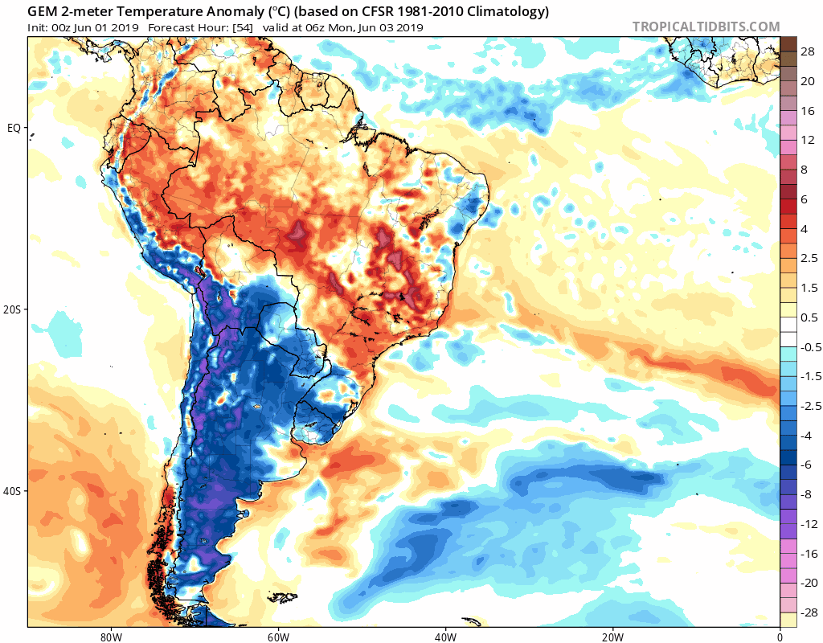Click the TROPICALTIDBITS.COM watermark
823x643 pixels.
pyautogui.click(x=706, y=27)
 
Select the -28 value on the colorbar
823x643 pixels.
pyautogui.click(x=807, y=613)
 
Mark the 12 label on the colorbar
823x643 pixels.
pyautogui.click(x=808, y=140)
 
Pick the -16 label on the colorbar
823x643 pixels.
pyautogui.click(x=807, y=554)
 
